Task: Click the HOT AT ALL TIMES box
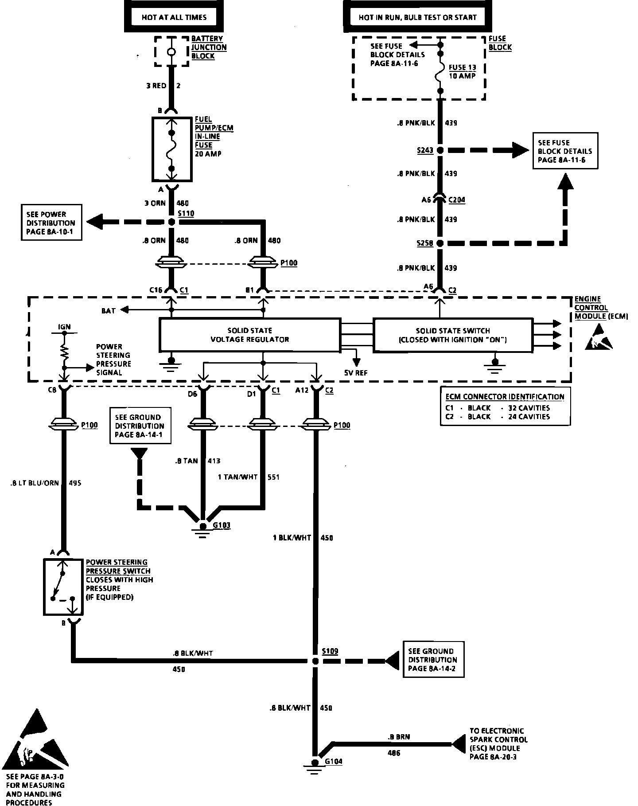[174, 18]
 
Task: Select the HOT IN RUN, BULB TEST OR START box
[417, 18]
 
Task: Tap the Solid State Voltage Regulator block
[250, 335]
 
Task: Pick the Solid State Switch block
[452, 335]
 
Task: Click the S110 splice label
[186, 214]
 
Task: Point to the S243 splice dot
[440, 150]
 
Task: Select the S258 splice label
[424, 243]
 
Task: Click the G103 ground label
[222, 526]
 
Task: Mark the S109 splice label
[330, 651]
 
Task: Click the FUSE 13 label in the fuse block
[462, 67]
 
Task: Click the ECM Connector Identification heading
[505, 397]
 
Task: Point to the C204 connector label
[457, 200]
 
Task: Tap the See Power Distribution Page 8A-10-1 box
[51, 223]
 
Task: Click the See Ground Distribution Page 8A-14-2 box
[433, 660]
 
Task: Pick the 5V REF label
[356, 373]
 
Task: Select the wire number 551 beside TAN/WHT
[273, 477]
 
